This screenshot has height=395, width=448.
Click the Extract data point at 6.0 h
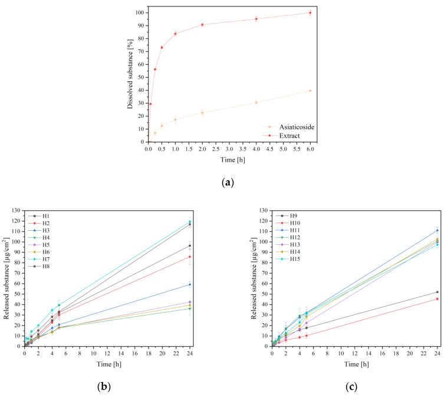click(310, 12)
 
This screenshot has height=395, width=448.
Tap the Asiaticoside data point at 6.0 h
click(310, 91)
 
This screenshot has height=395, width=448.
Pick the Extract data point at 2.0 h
click(202, 24)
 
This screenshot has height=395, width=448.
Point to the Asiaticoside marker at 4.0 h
click(256, 102)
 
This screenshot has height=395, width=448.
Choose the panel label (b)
click(103, 386)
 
